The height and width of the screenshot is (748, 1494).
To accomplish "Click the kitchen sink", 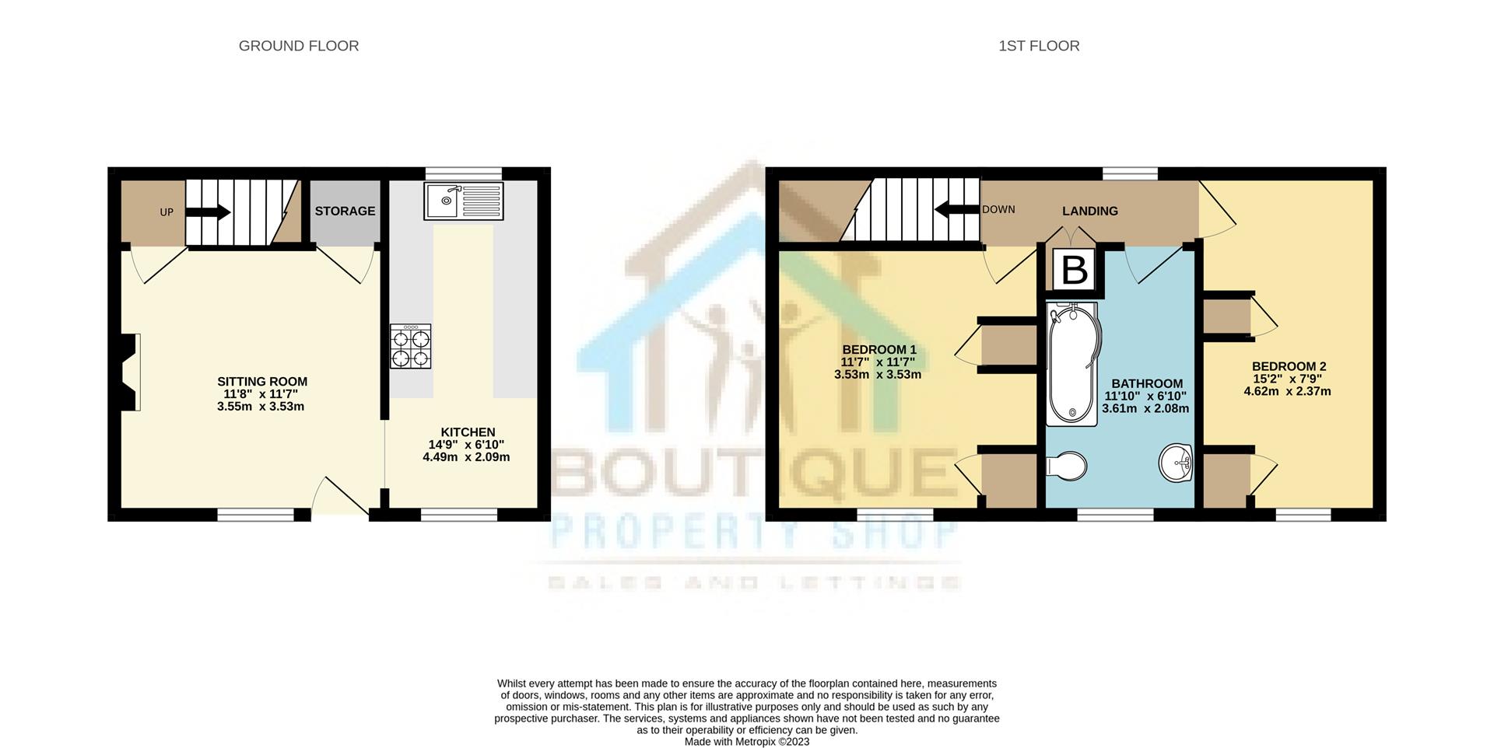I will click(x=464, y=201).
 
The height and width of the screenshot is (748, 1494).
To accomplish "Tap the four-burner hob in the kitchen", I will click(x=410, y=347).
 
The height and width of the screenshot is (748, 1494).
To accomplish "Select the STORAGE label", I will click(x=345, y=211).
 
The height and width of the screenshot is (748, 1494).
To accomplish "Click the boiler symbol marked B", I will click(x=1074, y=271).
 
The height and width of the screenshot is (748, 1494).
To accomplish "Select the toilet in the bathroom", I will click(x=1066, y=467).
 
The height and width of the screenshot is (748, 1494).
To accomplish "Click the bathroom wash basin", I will click(x=1176, y=463).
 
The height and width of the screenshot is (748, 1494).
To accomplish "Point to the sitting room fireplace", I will click(x=129, y=372).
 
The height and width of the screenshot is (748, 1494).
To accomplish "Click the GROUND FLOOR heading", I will click(x=299, y=46).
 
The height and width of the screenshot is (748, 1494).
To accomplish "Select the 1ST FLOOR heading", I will click(x=1039, y=46).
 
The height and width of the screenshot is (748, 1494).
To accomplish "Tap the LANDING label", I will click(x=1090, y=211).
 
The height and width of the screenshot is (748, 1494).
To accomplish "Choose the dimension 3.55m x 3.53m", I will click(x=261, y=407).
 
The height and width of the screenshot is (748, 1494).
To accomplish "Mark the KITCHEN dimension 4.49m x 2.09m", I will click(x=466, y=457).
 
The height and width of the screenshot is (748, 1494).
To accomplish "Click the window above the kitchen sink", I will click(x=464, y=173).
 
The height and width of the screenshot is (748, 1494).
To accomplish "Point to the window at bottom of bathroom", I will click(x=1115, y=515).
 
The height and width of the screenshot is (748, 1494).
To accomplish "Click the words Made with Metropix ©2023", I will click(x=746, y=742).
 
